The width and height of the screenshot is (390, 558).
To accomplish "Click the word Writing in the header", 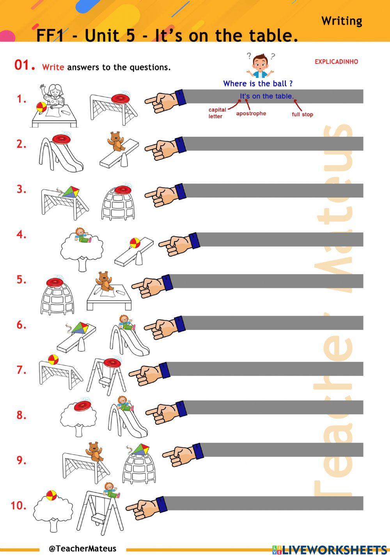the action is [342, 21].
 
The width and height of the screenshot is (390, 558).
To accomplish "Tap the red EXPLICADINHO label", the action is [336, 62].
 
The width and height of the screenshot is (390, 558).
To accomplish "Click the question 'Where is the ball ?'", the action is [258, 83].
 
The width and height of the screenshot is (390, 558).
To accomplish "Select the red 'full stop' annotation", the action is [302, 114].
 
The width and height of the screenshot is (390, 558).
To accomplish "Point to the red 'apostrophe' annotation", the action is [251, 113].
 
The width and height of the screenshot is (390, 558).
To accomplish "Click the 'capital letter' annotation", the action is [217, 113].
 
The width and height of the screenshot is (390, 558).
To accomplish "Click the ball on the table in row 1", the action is [41, 107].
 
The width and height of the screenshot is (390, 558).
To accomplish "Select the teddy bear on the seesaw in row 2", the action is [115, 141].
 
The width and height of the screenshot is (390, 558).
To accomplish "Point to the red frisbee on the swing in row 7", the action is [112, 363].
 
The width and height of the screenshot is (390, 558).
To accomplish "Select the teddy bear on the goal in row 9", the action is [94, 452].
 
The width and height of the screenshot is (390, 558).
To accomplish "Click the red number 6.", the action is [21, 325].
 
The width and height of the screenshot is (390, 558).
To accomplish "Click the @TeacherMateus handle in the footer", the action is [83, 548].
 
